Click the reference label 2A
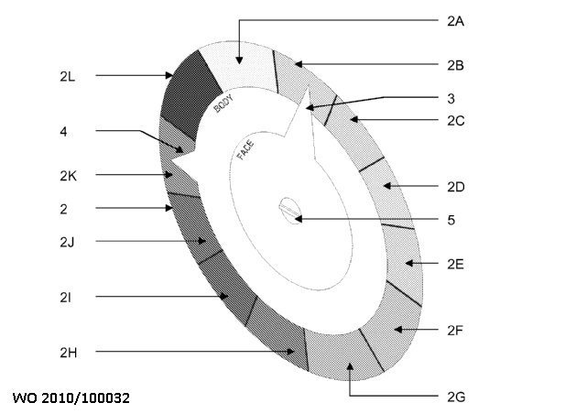click(456, 22)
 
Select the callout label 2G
click(456, 397)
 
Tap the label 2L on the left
click(68, 76)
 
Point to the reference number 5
click(451, 220)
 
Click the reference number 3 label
click(451, 99)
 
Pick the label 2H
click(68, 353)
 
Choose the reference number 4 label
click(63, 132)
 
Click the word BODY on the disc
click(223, 103)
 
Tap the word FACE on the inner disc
click(246, 149)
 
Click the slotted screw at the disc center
click(290, 211)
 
